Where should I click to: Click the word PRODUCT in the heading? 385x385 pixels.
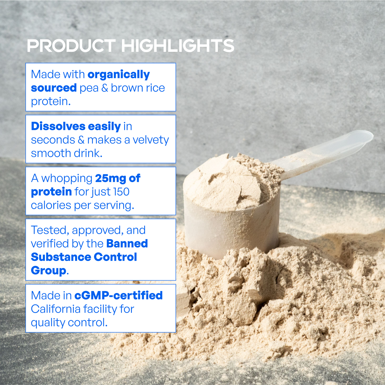[x=72, y=46]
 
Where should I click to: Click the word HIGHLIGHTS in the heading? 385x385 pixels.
[x=178, y=46]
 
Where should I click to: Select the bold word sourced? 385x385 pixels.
[x=54, y=88]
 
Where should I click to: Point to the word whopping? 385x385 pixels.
[x=67, y=179]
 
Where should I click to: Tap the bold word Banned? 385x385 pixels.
[x=127, y=243]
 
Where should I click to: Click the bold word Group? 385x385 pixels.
[x=48, y=271]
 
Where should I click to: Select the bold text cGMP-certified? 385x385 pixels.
[x=119, y=295]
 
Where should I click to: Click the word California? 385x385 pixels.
[x=55, y=309]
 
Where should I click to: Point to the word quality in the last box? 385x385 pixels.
[x=48, y=323]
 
